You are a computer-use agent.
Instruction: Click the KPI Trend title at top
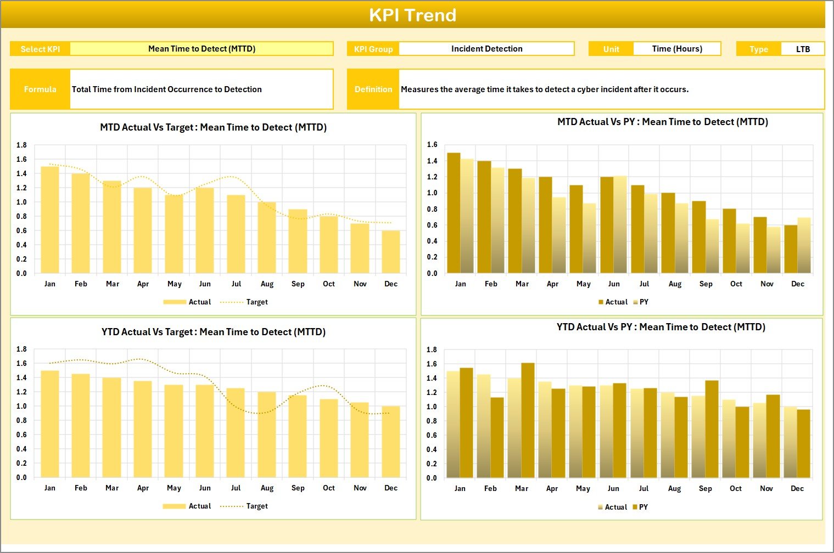pyautogui.click(x=412, y=15)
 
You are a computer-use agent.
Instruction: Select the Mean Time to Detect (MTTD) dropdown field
pyautogui.click(x=201, y=49)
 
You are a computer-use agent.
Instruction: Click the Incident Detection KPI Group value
pyautogui.click(x=486, y=49)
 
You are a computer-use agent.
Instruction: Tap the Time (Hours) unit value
pyautogui.click(x=676, y=49)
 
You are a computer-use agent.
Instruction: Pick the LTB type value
pyautogui.click(x=803, y=49)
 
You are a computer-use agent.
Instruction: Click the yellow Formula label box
pyautogui.click(x=40, y=89)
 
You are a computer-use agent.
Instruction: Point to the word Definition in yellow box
pyautogui.click(x=373, y=89)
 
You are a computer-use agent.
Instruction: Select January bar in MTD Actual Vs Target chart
pyautogui.click(x=50, y=219)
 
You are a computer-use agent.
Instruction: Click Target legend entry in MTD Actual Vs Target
pyautogui.click(x=256, y=302)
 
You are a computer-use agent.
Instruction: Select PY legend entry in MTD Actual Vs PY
pyautogui.click(x=643, y=302)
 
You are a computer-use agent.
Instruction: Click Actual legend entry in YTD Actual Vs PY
pyautogui.click(x=615, y=507)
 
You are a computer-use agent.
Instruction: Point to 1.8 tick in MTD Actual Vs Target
pyautogui.click(x=21, y=145)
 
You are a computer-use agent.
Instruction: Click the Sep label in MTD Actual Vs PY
pyautogui.click(x=706, y=284)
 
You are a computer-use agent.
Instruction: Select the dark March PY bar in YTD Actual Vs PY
pyautogui.click(x=528, y=420)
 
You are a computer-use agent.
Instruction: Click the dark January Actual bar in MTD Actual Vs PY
pyautogui.click(x=454, y=213)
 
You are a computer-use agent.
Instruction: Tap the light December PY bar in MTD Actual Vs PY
pyautogui.click(x=804, y=245)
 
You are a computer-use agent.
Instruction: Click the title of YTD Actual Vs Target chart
pyautogui.click(x=214, y=332)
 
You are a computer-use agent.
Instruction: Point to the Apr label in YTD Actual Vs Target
pyautogui.click(x=143, y=488)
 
